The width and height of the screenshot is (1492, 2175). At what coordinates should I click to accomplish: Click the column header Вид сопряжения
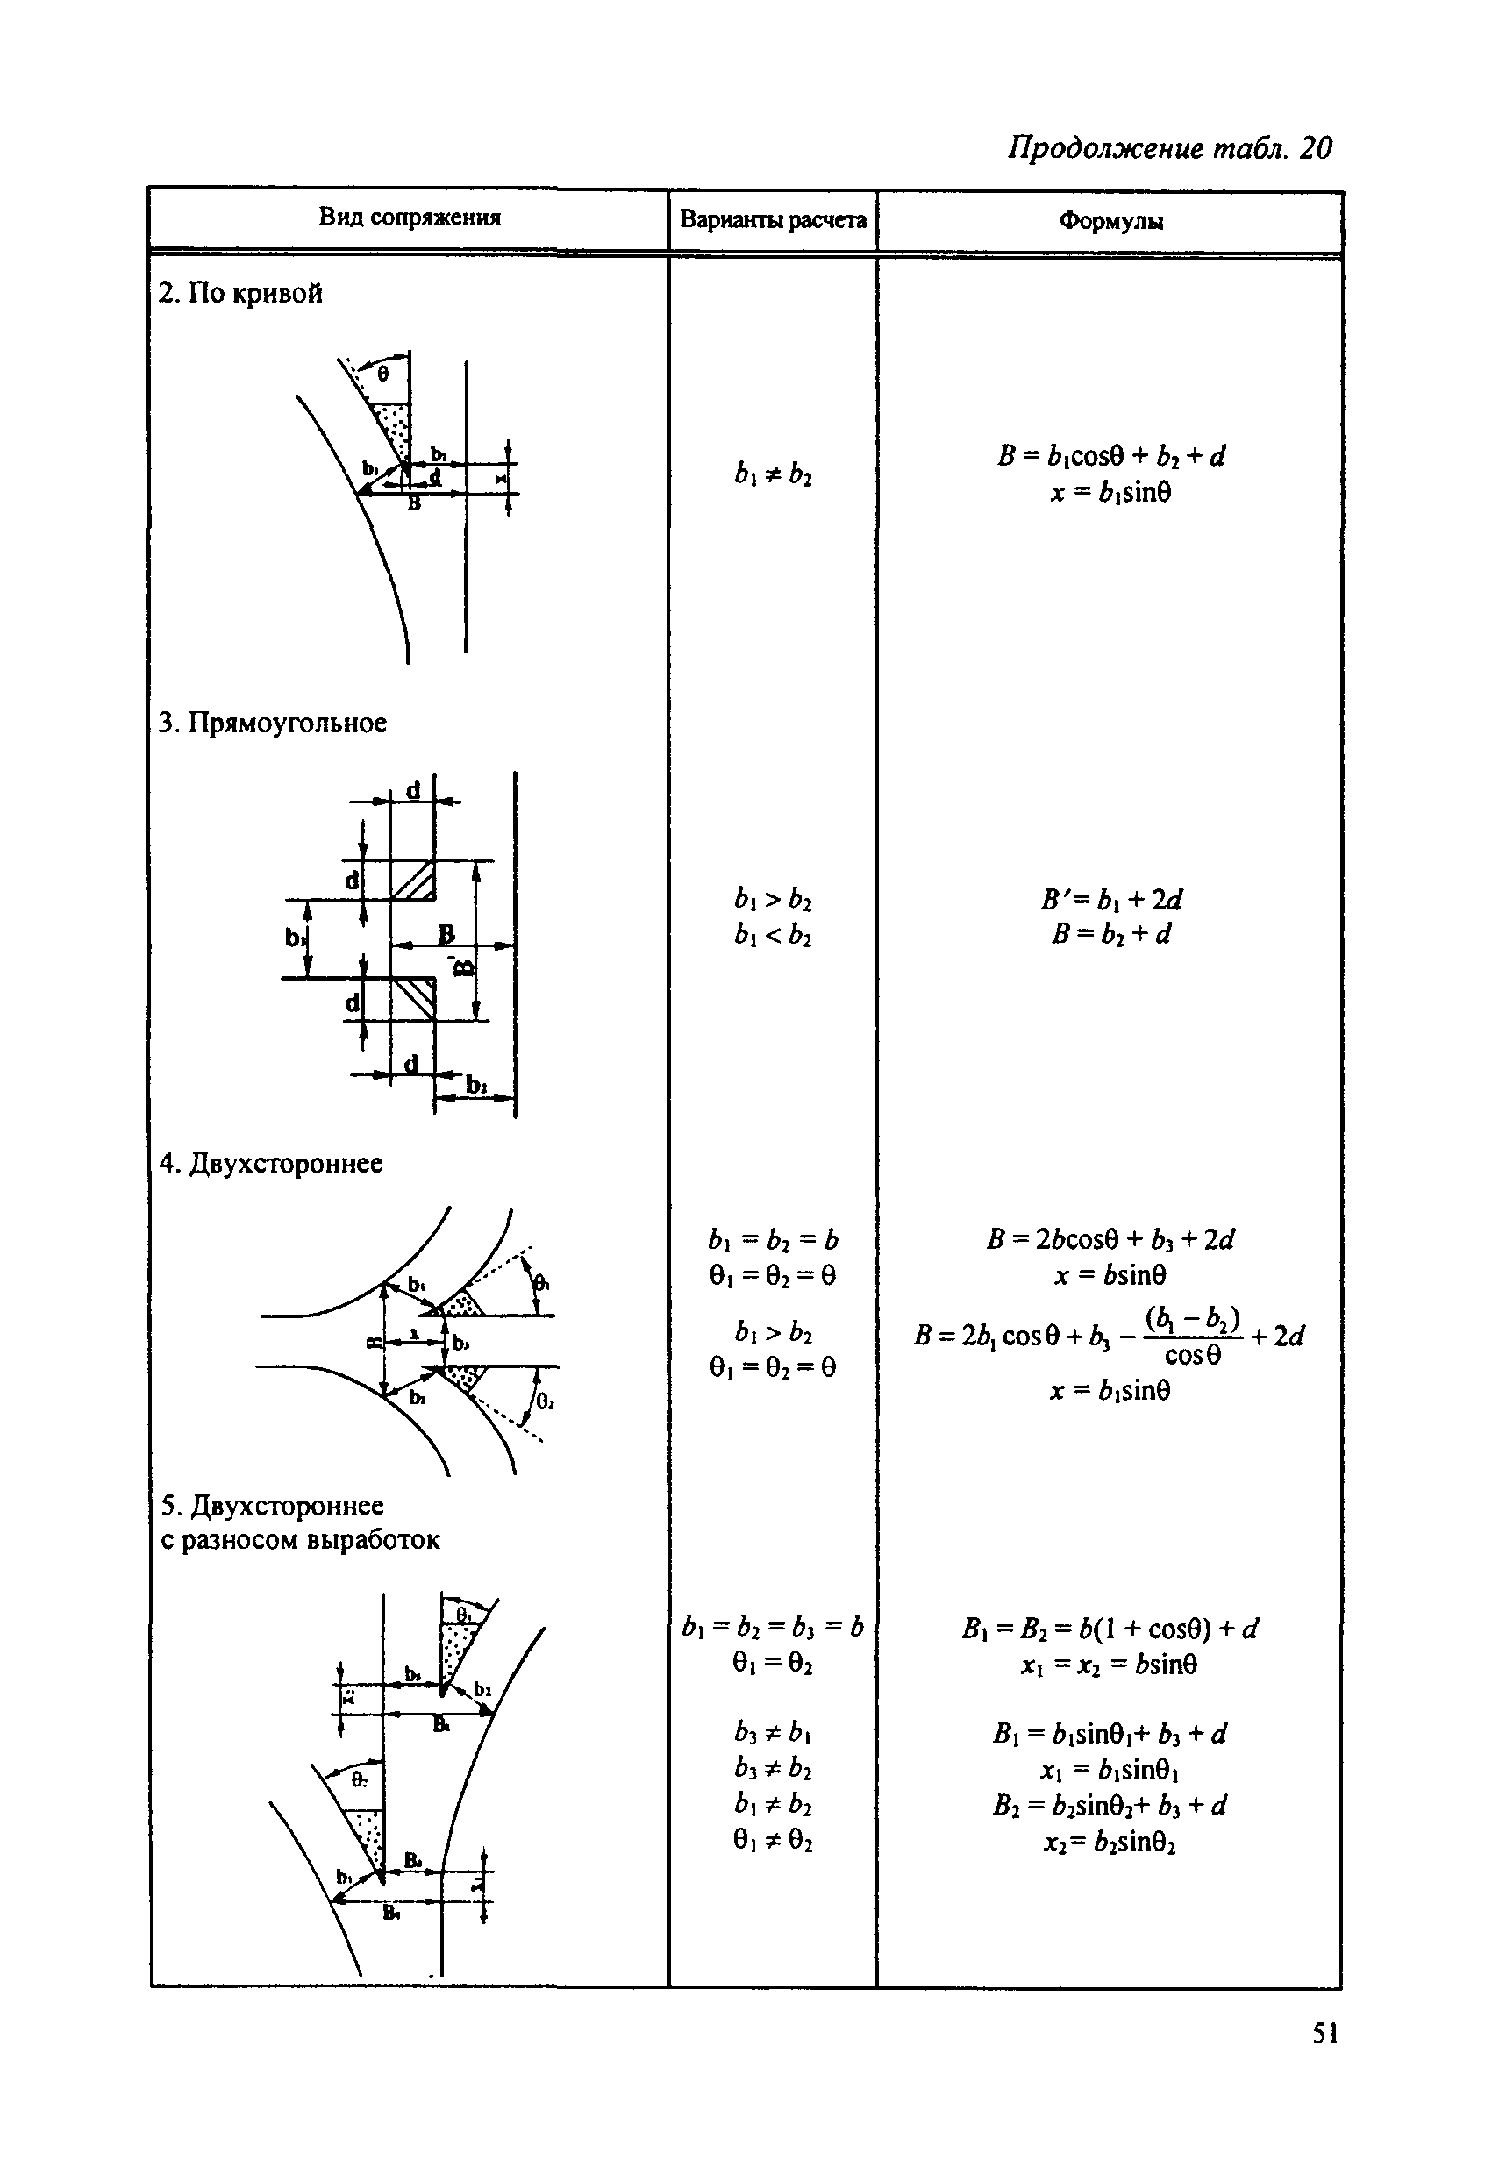409,218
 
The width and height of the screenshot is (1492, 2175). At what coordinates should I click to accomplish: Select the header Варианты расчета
772,220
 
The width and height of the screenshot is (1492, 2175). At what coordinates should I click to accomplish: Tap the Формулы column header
1111,222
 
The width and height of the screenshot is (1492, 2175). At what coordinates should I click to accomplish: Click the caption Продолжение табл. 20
1169,148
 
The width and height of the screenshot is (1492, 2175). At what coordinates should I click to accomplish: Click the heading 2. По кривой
240,293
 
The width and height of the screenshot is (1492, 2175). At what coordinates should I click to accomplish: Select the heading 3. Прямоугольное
273,723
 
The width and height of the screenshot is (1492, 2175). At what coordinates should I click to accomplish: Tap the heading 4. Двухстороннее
271,1163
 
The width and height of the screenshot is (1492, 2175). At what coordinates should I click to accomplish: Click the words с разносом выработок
301,1539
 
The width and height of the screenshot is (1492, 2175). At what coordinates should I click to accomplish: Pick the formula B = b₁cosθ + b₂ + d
1111,456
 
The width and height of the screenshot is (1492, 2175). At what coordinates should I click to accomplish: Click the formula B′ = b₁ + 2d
1111,900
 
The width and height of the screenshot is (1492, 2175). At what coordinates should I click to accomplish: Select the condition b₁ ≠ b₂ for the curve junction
773,474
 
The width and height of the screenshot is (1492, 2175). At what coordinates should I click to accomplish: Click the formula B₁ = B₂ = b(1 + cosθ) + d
1110,1629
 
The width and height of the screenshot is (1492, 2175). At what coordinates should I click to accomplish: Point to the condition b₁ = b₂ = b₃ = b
773,1628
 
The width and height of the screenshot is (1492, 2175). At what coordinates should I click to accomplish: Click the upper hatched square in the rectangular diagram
414,881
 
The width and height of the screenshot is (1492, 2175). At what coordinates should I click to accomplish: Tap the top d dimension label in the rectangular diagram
413,790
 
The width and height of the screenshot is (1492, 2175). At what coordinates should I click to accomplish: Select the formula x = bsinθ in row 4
1110,1275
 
